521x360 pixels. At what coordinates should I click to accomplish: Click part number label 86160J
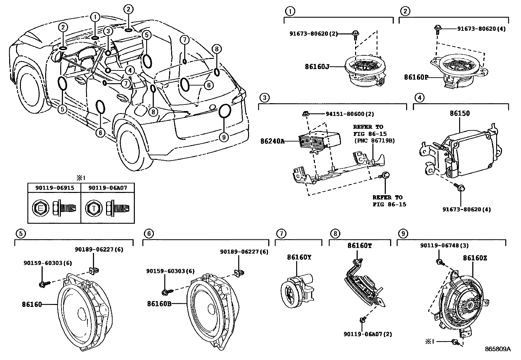tap(316, 66)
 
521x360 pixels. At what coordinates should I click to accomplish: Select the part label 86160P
tap(416, 77)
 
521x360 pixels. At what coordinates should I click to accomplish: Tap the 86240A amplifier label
tap(272, 141)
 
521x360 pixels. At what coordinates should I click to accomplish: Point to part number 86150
tap(459, 113)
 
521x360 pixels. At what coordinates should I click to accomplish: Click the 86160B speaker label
tap(159, 304)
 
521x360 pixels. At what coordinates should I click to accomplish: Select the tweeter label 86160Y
tap(299, 257)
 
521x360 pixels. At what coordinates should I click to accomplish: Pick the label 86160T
tap(359, 246)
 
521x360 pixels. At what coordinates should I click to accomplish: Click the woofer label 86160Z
tap(475, 258)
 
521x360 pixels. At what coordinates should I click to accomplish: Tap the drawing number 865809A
tap(497, 349)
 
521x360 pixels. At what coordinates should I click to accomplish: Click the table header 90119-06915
tap(54, 188)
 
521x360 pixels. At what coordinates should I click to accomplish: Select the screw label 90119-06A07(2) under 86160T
tap(368, 334)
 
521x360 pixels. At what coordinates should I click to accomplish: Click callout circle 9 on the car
tap(224, 137)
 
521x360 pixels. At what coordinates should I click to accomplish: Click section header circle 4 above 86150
tap(419, 97)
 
